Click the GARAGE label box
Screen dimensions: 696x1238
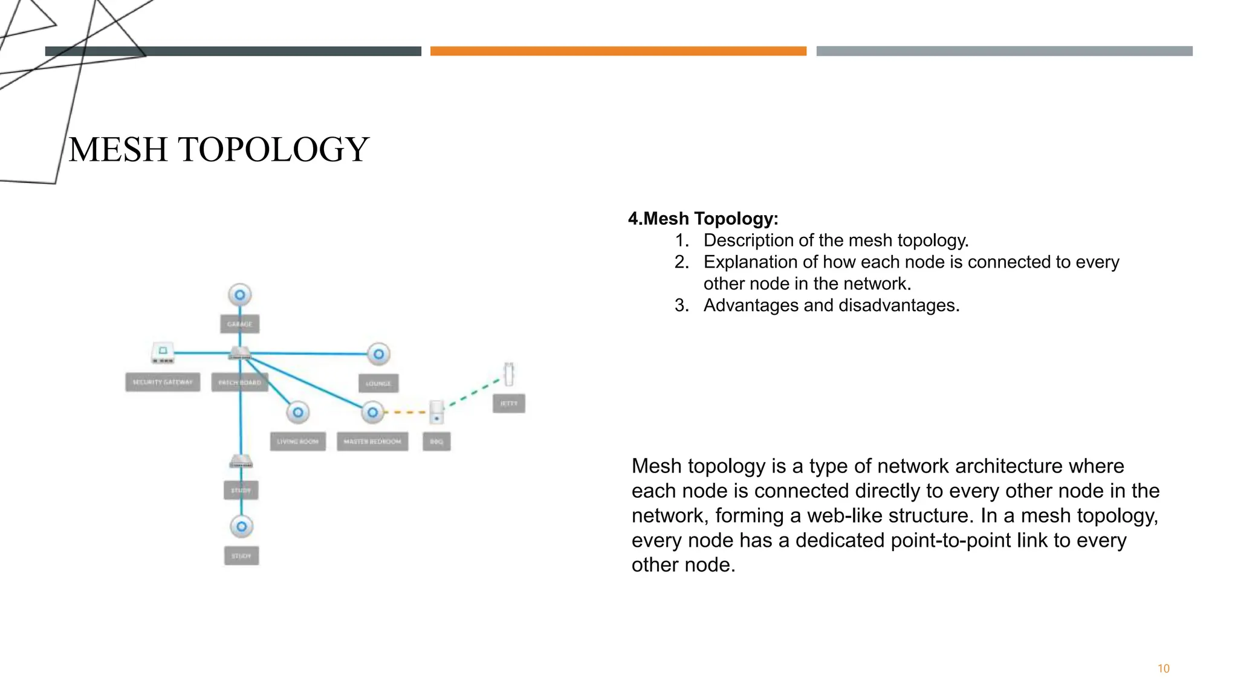240,324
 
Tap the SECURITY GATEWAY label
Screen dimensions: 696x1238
163,382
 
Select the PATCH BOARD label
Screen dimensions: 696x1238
239,382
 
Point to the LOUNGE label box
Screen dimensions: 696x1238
378,383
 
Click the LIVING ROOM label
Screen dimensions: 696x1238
297,441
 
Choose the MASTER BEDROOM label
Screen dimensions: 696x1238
372,441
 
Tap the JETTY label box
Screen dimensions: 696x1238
508,403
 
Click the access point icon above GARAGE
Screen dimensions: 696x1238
240,295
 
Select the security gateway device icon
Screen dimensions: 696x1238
163,353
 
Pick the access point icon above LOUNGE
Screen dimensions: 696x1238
378,354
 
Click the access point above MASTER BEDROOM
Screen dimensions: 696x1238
372,412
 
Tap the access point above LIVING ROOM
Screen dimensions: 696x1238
297,413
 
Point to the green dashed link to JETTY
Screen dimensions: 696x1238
475,393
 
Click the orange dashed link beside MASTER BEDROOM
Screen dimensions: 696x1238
406,412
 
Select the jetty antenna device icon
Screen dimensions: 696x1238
509,374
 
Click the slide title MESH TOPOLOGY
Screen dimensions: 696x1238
218,149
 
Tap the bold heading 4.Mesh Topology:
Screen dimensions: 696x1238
703,218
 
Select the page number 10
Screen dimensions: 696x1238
1163,668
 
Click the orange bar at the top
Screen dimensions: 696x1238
618,51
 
